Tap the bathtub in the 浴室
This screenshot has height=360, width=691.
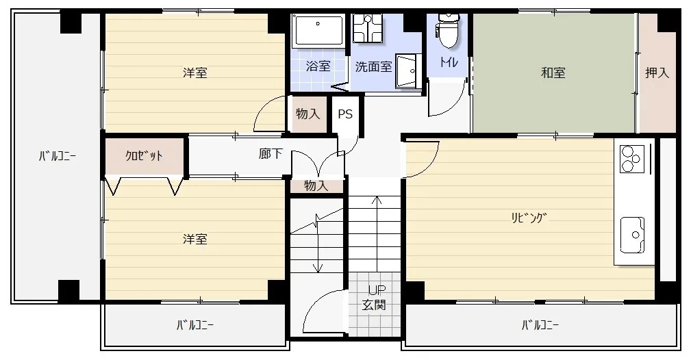click(318, 30)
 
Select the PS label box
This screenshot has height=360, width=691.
click(345, 114)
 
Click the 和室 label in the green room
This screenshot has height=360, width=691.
click(553, 73)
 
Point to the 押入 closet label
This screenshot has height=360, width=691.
click(657, 73)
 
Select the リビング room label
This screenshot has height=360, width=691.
click(529, 218)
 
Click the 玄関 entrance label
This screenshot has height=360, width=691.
click(374, 305)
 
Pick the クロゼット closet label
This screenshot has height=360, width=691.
click(144, 155)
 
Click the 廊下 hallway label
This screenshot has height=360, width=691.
click(271, 154)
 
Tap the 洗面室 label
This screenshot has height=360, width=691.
click(373, 67)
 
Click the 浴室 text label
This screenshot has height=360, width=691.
click(318, 66)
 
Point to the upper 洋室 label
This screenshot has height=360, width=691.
click(195, 73)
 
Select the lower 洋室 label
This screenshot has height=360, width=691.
click(195, 239)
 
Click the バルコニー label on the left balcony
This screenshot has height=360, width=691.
click(57, 156)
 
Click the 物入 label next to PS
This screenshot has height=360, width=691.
click(308, 114)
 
